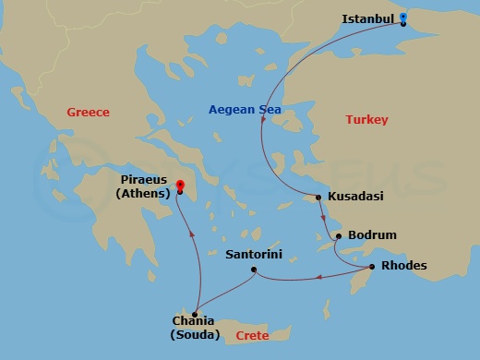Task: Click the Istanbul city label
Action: [x=368, y=18]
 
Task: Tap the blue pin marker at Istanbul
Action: [x=403, y=18]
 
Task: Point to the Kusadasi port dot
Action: [x=318, y=198]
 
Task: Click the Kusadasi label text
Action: [x=355, y=197]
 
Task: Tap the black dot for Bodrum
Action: [x=339, y=236]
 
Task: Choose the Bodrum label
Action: [x=371, y=235]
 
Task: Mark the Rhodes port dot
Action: [x=371, y=268]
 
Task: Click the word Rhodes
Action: [x=404, y=266]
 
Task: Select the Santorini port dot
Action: [x=254, y=270]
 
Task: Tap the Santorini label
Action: [x=254, y=253]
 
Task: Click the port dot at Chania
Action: [x=195, y=315]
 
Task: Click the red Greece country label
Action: [x=88, y=113]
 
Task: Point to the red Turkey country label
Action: [x=366, y=120]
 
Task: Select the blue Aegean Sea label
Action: [x=244, y=111]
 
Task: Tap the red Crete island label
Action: [x=252, y=336]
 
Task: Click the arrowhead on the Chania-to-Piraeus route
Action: [x=192, y=233]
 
